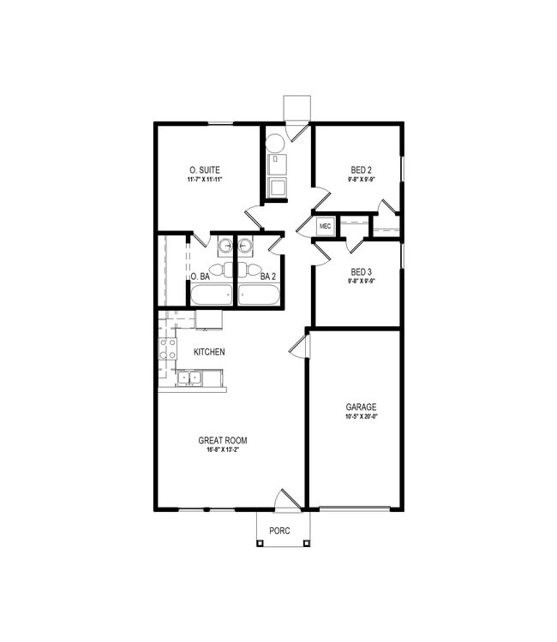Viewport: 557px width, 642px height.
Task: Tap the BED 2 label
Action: (x=361, y=169)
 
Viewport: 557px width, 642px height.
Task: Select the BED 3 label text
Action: (x=361, y=271)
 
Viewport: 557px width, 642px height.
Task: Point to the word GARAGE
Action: (x=361, y=407)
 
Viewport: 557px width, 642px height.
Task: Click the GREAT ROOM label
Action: (x=223, y=441)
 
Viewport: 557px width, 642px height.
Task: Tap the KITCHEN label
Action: (x=209, y=352)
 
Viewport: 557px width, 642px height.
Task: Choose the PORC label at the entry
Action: (x=279, y=531)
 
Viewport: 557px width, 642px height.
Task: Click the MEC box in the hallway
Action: (x=325, y=226)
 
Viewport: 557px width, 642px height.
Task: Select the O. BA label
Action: (x=200, y=276)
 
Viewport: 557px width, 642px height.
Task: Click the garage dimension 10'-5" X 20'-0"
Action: (x=361, y=418)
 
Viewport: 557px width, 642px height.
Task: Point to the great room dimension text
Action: (x=223, y=451)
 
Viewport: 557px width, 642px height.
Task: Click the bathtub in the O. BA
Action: (x=211, y=295)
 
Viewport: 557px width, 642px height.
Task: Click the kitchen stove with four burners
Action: (x=167, y=349)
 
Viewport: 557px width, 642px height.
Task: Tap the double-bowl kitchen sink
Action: (x=189, y=376)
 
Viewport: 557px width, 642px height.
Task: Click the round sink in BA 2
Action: (x=246, y=247)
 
